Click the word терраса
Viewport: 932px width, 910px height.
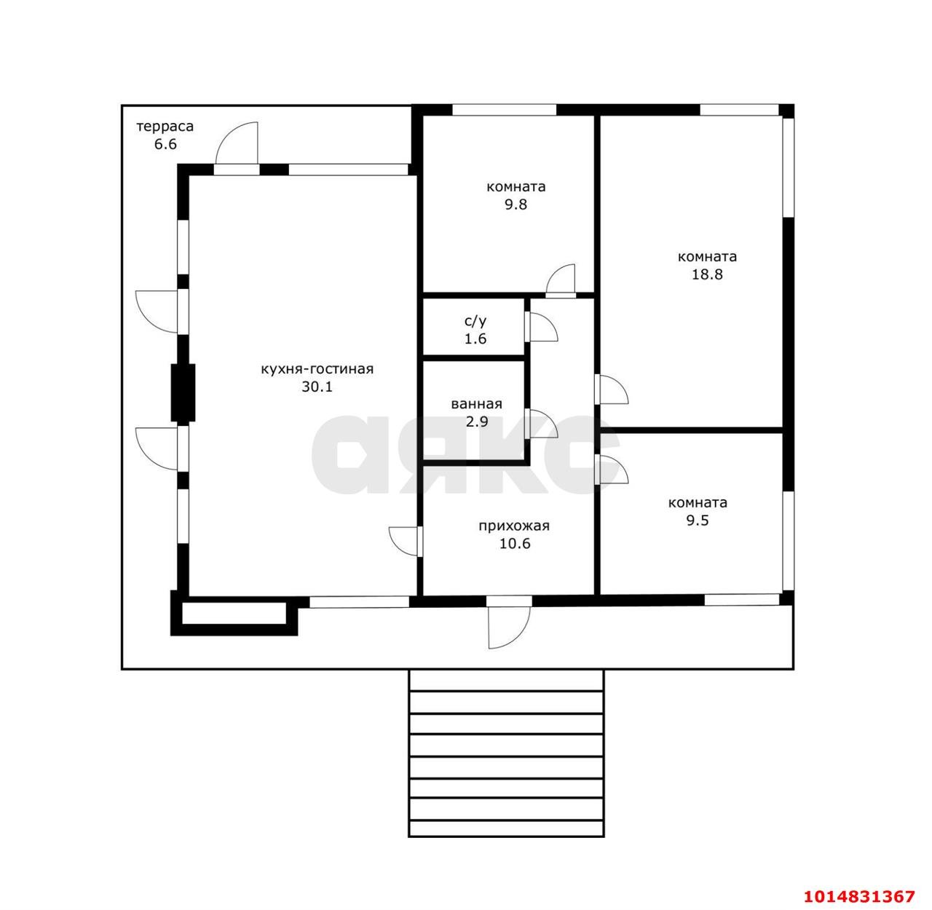pos(165,127)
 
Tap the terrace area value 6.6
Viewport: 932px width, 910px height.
pos(165,144)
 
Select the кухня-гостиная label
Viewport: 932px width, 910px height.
pos(317,370)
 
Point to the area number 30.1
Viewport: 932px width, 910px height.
pos(317,387)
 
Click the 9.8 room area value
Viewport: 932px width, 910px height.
pos(516,205)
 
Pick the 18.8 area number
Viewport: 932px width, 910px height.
pos(707,274)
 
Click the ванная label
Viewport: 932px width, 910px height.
pos(476,404)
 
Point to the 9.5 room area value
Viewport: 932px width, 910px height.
pos(698,521)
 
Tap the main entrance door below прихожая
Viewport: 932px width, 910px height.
pos(509,622)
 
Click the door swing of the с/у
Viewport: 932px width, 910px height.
pos(542,327)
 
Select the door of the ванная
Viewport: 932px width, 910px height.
pos(542,424)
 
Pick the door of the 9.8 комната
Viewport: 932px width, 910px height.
pos(561,281)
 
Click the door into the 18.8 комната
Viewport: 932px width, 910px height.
pos(612,389)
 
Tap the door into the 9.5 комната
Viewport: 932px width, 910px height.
pos(612,469)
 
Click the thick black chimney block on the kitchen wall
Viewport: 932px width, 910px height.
pos(183,392)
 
